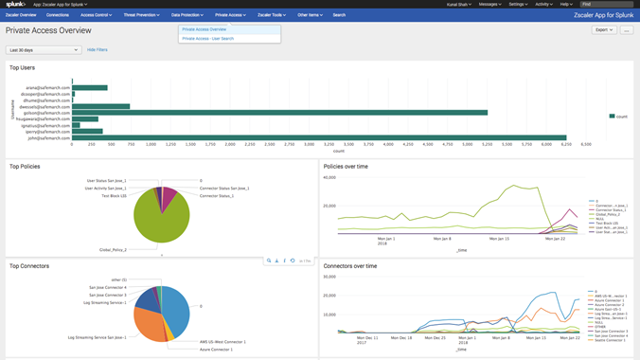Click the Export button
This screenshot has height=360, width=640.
pyautogui.click(x=603, y=30)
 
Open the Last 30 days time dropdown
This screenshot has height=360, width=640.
pyautogui.click(x=44, y=49)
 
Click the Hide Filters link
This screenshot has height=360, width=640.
pyautogui.click(x=98, y=49)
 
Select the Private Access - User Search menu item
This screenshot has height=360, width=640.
pyautogui.click(x=207, y=39)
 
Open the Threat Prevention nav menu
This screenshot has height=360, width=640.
pyautogui.click(x=142, y=15)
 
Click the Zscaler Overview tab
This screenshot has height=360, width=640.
pyautogui.click(x=21, y=15)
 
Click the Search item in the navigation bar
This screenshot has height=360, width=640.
pyautogui.click(x=339, y=15)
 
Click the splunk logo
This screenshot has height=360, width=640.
pyautogui.click(x=15, y=5)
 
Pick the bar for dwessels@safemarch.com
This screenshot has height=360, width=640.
pyautogui.click(x=100, y=106)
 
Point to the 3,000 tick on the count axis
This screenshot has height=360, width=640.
pyautogui.click(x=309, y=145)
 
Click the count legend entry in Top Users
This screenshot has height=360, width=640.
pyautogui.click(x=620, y=116)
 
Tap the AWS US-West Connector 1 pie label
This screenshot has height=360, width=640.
pyautogui.click(x=222, y=341)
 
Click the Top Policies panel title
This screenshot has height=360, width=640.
pyautogui.click(x=25, y=167)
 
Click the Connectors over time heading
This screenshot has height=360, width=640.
pyautogui.click(x=350, y=266)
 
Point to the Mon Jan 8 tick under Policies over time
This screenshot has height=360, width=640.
pyautogui.click(x=443, y=238)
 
